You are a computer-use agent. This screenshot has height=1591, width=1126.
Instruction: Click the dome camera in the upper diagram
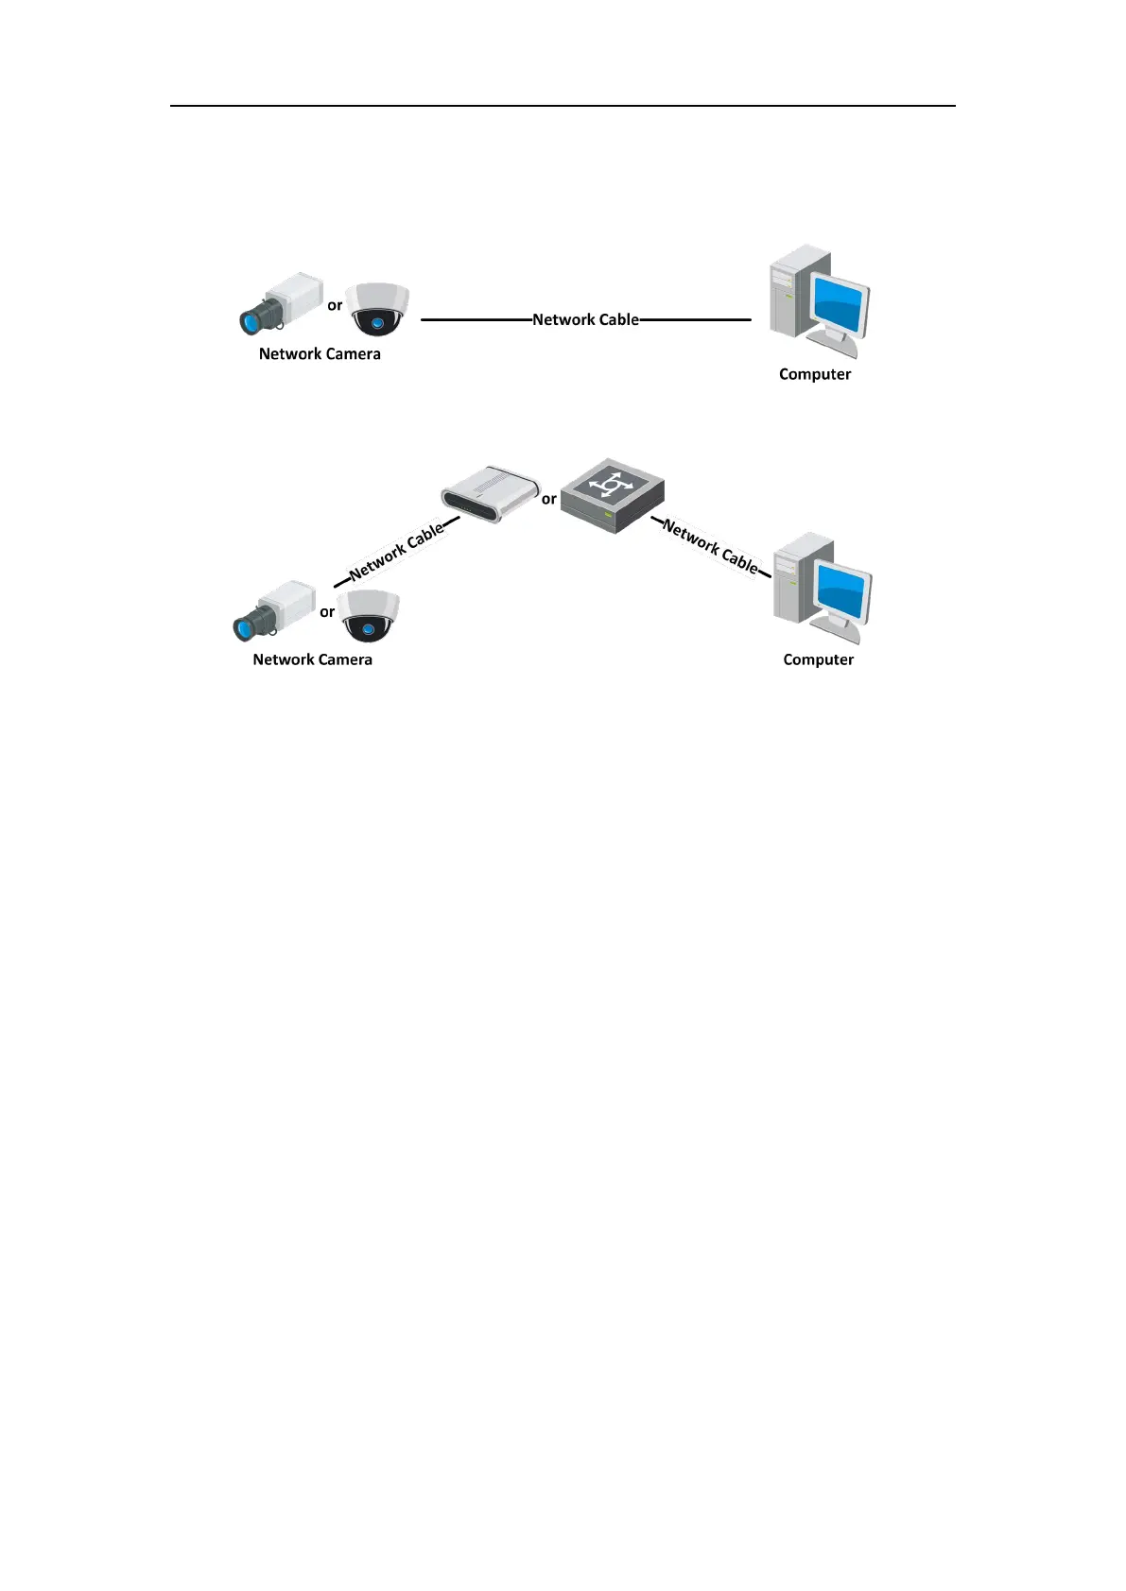point(376,309)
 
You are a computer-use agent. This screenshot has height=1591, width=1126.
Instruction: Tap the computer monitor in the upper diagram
point(840,303)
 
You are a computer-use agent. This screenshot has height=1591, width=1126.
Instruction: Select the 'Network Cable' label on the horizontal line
point(585,319)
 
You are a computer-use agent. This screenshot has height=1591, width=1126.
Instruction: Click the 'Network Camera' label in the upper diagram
point(320,354)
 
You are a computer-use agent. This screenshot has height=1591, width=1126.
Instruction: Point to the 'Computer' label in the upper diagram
point(815,374)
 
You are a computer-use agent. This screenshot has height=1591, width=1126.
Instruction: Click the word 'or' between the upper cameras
point(335,305)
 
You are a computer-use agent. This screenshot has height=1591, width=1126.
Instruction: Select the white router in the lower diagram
point(489,493)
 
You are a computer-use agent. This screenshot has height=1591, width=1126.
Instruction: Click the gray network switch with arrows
point(612,497)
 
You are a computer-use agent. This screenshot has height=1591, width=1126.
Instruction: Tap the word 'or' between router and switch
point(548,499)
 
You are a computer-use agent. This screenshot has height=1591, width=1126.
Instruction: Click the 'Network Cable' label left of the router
point(396,552)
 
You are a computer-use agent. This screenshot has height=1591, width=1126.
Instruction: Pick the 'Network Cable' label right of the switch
point(711,546)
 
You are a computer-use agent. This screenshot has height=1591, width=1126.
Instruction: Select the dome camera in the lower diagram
point(369,616)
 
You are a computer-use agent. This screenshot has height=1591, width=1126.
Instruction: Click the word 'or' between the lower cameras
point(327,612)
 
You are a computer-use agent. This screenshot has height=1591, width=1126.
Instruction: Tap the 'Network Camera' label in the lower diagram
point(312,659)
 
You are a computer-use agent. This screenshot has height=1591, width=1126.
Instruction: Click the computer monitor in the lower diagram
point(843,590)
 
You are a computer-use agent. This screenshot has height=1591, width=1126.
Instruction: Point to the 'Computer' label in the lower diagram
point(818,659)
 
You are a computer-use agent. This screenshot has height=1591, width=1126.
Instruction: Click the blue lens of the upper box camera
point(251,322)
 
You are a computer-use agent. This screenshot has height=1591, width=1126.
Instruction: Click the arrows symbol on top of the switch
point(611,485)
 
